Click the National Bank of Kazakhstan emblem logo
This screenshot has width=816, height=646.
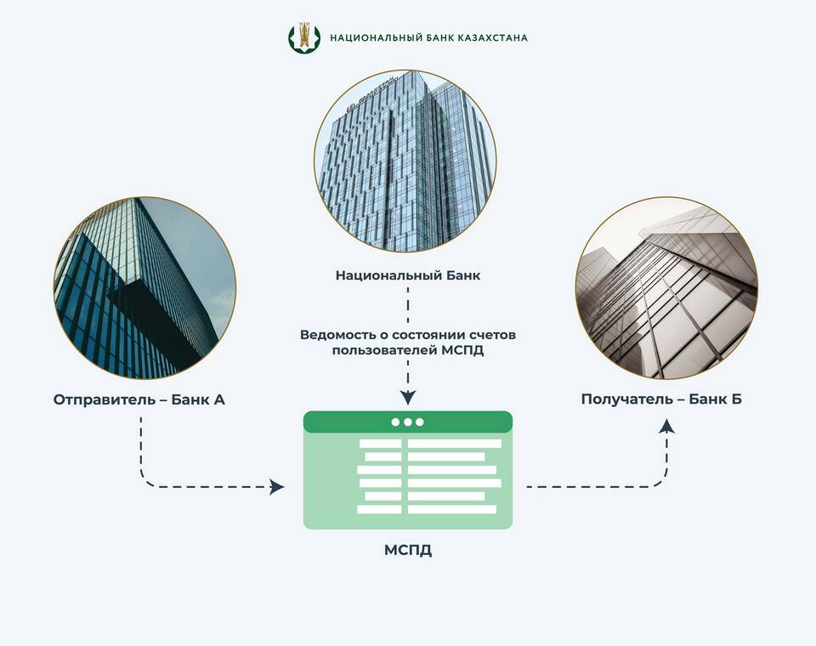click(304, 37)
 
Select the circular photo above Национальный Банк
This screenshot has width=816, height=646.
click(405, 161)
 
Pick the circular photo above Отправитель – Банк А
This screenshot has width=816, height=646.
click(144, 288)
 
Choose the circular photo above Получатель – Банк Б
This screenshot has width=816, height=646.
click(666, 288)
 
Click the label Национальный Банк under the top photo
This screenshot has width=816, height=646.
click(408, 275)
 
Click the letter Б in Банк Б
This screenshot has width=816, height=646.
click(736, 399)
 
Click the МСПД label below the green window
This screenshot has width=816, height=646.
click(408, 550)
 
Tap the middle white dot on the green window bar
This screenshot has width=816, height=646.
click(407, 422)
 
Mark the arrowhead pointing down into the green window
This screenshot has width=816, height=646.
click(409, 398)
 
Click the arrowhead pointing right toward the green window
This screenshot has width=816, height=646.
click(277, 487)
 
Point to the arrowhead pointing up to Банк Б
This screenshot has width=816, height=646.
click(666, 427)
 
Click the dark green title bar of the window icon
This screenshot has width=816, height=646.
click(408, 422)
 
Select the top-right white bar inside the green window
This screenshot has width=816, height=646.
click(454, 444)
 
